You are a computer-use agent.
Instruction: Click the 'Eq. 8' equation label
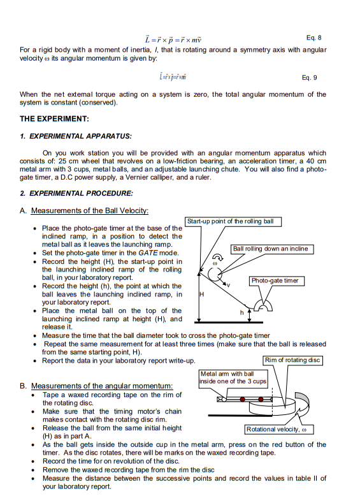(313, 38)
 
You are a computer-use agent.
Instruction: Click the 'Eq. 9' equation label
(310, 78)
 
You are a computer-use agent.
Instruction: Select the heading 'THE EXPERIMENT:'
(55, 119)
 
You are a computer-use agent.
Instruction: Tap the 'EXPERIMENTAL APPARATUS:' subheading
(80, 136)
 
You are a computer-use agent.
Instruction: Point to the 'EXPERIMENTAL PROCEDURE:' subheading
(81, 193)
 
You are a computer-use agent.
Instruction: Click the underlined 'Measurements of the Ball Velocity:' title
(90, 210)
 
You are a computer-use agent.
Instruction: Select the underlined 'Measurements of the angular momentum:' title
(102, 386)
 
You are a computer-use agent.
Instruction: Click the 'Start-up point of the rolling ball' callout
(233, 221)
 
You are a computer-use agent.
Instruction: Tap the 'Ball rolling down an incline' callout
(272, 249)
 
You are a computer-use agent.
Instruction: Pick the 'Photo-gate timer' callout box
(277, 281)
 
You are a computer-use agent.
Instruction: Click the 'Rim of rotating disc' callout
(292, 360)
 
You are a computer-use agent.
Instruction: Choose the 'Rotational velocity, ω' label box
(279, 429)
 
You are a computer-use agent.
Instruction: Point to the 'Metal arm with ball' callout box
(233, 377)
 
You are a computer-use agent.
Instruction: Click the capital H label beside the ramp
(201, 294)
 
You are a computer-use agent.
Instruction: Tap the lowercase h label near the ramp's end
(241, 312)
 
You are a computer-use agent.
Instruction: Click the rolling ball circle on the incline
(215, 273)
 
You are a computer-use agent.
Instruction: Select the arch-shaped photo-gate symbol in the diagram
(263, 306)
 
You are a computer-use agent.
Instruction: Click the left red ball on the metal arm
(243, 399)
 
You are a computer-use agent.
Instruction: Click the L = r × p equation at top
(173, 40)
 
